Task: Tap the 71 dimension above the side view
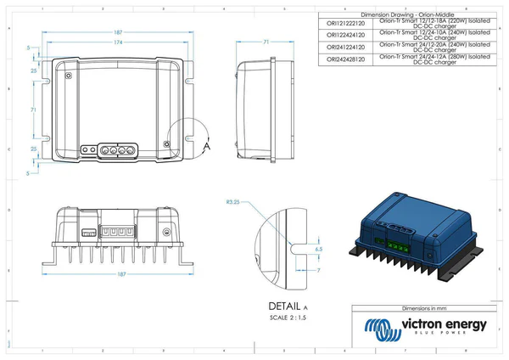coord(266,41)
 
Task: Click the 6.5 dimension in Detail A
coord(318,250)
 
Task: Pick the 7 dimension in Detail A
coord(318,269)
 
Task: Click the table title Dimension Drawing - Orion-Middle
coord(407,14)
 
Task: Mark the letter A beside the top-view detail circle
coord(206,146)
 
